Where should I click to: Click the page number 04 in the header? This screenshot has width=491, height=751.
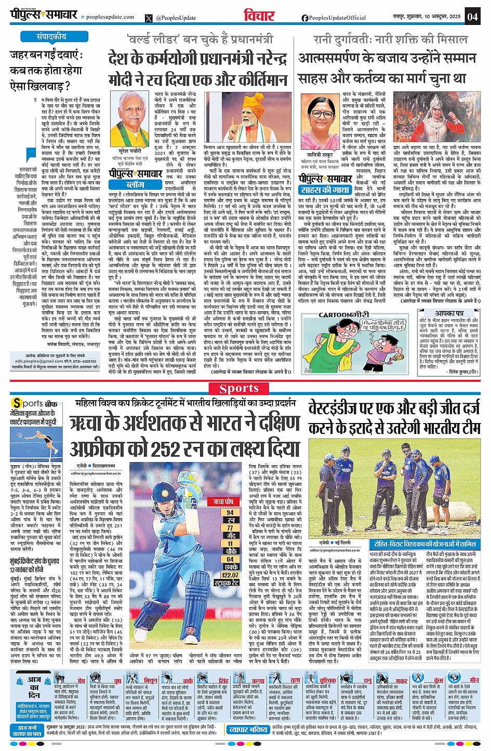point(472,16)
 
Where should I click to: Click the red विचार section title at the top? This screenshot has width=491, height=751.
point(259,16)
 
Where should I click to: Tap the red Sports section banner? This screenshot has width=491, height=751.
point(239,388)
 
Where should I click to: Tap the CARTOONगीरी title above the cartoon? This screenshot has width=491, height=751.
point(343,315)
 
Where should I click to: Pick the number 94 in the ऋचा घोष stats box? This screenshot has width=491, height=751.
point(230,512)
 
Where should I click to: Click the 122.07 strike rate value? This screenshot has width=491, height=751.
point(230,575)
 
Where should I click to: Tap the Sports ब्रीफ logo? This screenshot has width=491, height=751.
point(35,403)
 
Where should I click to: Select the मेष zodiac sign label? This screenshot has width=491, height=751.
point(82,680)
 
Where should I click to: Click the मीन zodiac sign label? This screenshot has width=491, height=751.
point(474,680)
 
